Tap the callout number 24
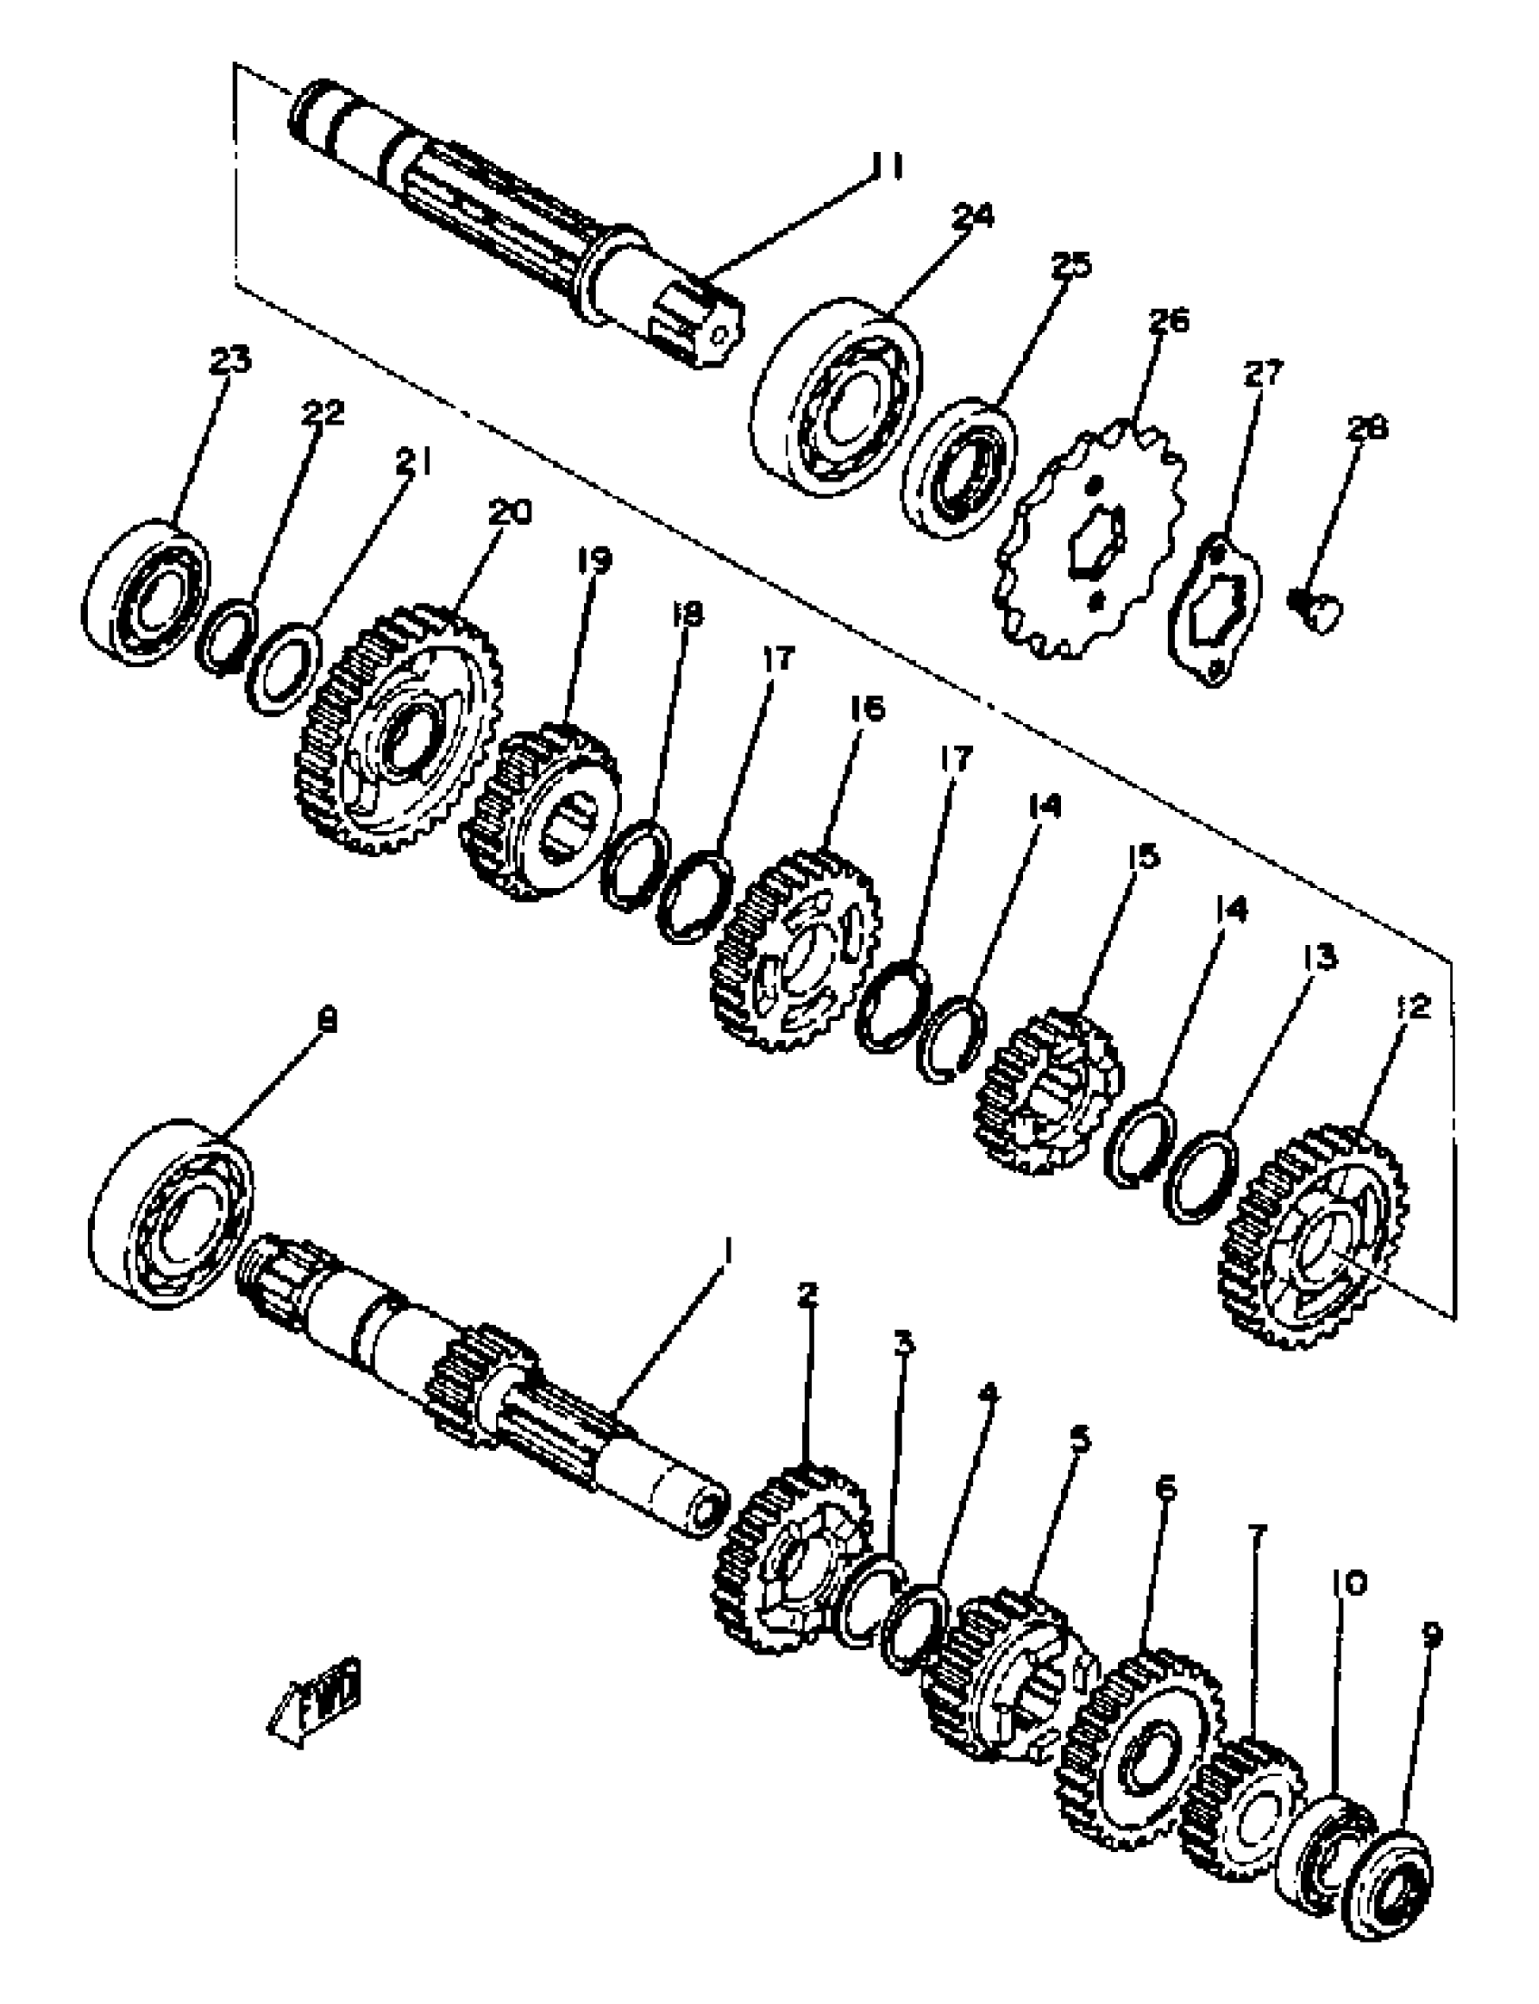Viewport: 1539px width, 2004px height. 972,216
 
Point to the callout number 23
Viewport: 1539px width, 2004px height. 229,361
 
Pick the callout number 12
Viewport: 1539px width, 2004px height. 1413,1007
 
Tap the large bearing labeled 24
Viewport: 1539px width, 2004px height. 836,396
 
